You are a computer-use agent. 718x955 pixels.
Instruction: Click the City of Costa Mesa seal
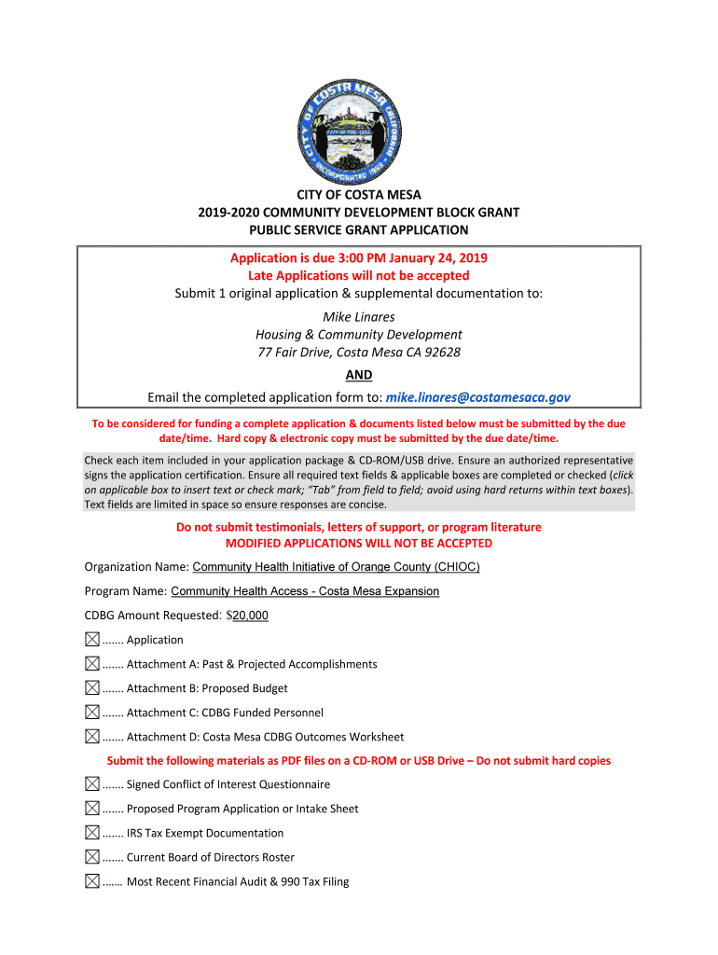358,129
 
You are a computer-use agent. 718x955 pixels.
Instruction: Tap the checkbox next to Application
91,640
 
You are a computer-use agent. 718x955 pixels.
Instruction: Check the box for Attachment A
91,664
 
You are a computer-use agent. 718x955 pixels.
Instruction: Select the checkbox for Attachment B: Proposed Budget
91,688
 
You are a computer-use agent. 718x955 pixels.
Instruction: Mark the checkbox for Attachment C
91,713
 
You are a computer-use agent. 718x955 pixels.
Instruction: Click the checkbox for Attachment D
91,737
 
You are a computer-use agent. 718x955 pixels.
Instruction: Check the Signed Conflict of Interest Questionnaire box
91,784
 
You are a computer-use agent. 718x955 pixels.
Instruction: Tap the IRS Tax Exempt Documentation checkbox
91,833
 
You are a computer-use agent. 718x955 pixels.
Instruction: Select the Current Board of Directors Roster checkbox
91,857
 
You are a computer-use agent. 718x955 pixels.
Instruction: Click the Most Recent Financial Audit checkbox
91,881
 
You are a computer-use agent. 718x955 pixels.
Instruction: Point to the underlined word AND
359,375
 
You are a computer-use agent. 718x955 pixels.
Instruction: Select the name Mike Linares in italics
359,317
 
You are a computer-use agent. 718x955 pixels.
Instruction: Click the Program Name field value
305,591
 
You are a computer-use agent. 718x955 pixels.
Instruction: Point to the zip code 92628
442,353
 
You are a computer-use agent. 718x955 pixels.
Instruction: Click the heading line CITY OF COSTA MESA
359,195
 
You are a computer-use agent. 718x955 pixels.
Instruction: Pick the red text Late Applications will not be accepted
359,276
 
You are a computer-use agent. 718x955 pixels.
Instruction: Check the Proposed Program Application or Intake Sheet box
91,809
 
